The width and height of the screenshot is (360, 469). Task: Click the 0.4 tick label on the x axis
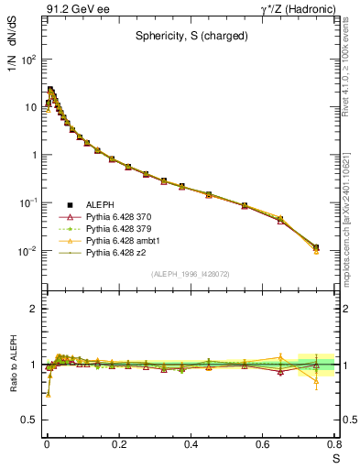191,444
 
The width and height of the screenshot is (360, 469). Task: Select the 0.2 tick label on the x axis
118,444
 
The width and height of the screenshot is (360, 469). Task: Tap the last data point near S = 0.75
316,247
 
